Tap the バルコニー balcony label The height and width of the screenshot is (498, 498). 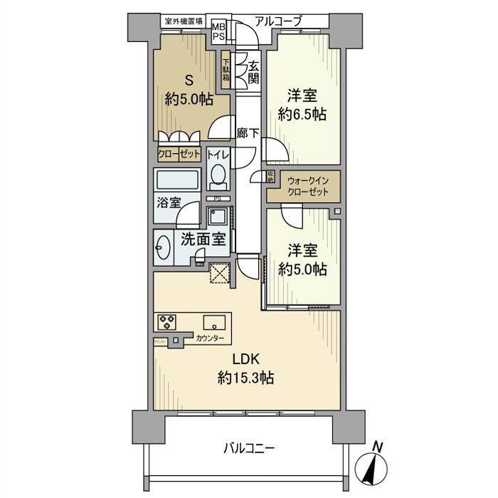coord(248,449)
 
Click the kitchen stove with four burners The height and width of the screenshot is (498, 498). coord(167,322)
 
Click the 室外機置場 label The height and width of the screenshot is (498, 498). coord(183,21)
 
